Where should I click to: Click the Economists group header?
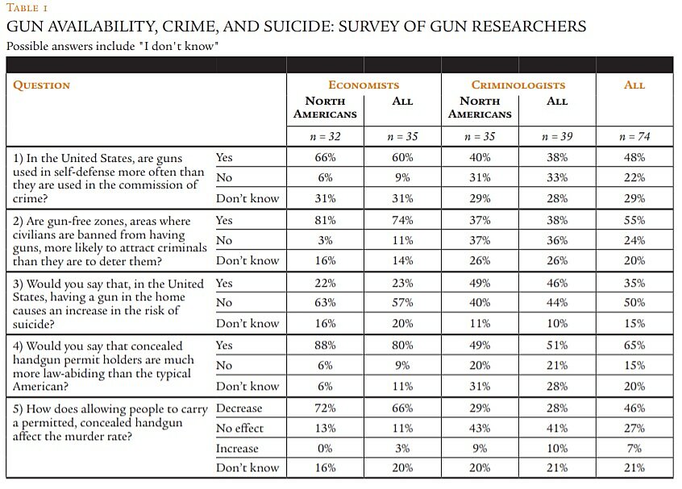click(x=364, y=85)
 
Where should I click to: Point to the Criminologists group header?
click(x=518, y=85)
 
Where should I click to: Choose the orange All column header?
click(x=634, y=85)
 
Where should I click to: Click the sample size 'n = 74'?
click(x=634, y=136)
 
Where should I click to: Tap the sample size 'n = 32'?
click(x=325, y=136)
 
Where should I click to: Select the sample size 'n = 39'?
click(x=556, y=136)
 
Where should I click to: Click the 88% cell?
click(x=325, y=346)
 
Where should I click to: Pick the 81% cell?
click(x=325, y=221)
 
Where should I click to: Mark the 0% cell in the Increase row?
click(x=325, y=449)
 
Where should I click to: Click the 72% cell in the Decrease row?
click(x=325, y=408)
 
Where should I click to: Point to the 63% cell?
click(x=325, y=303)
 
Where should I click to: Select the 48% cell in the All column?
click(x=634, y=158)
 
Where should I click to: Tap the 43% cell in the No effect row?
click(x=479, y=429)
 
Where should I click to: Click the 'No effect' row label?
click(x=239, y=429)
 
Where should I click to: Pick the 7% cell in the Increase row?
click(x=634, y=449)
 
